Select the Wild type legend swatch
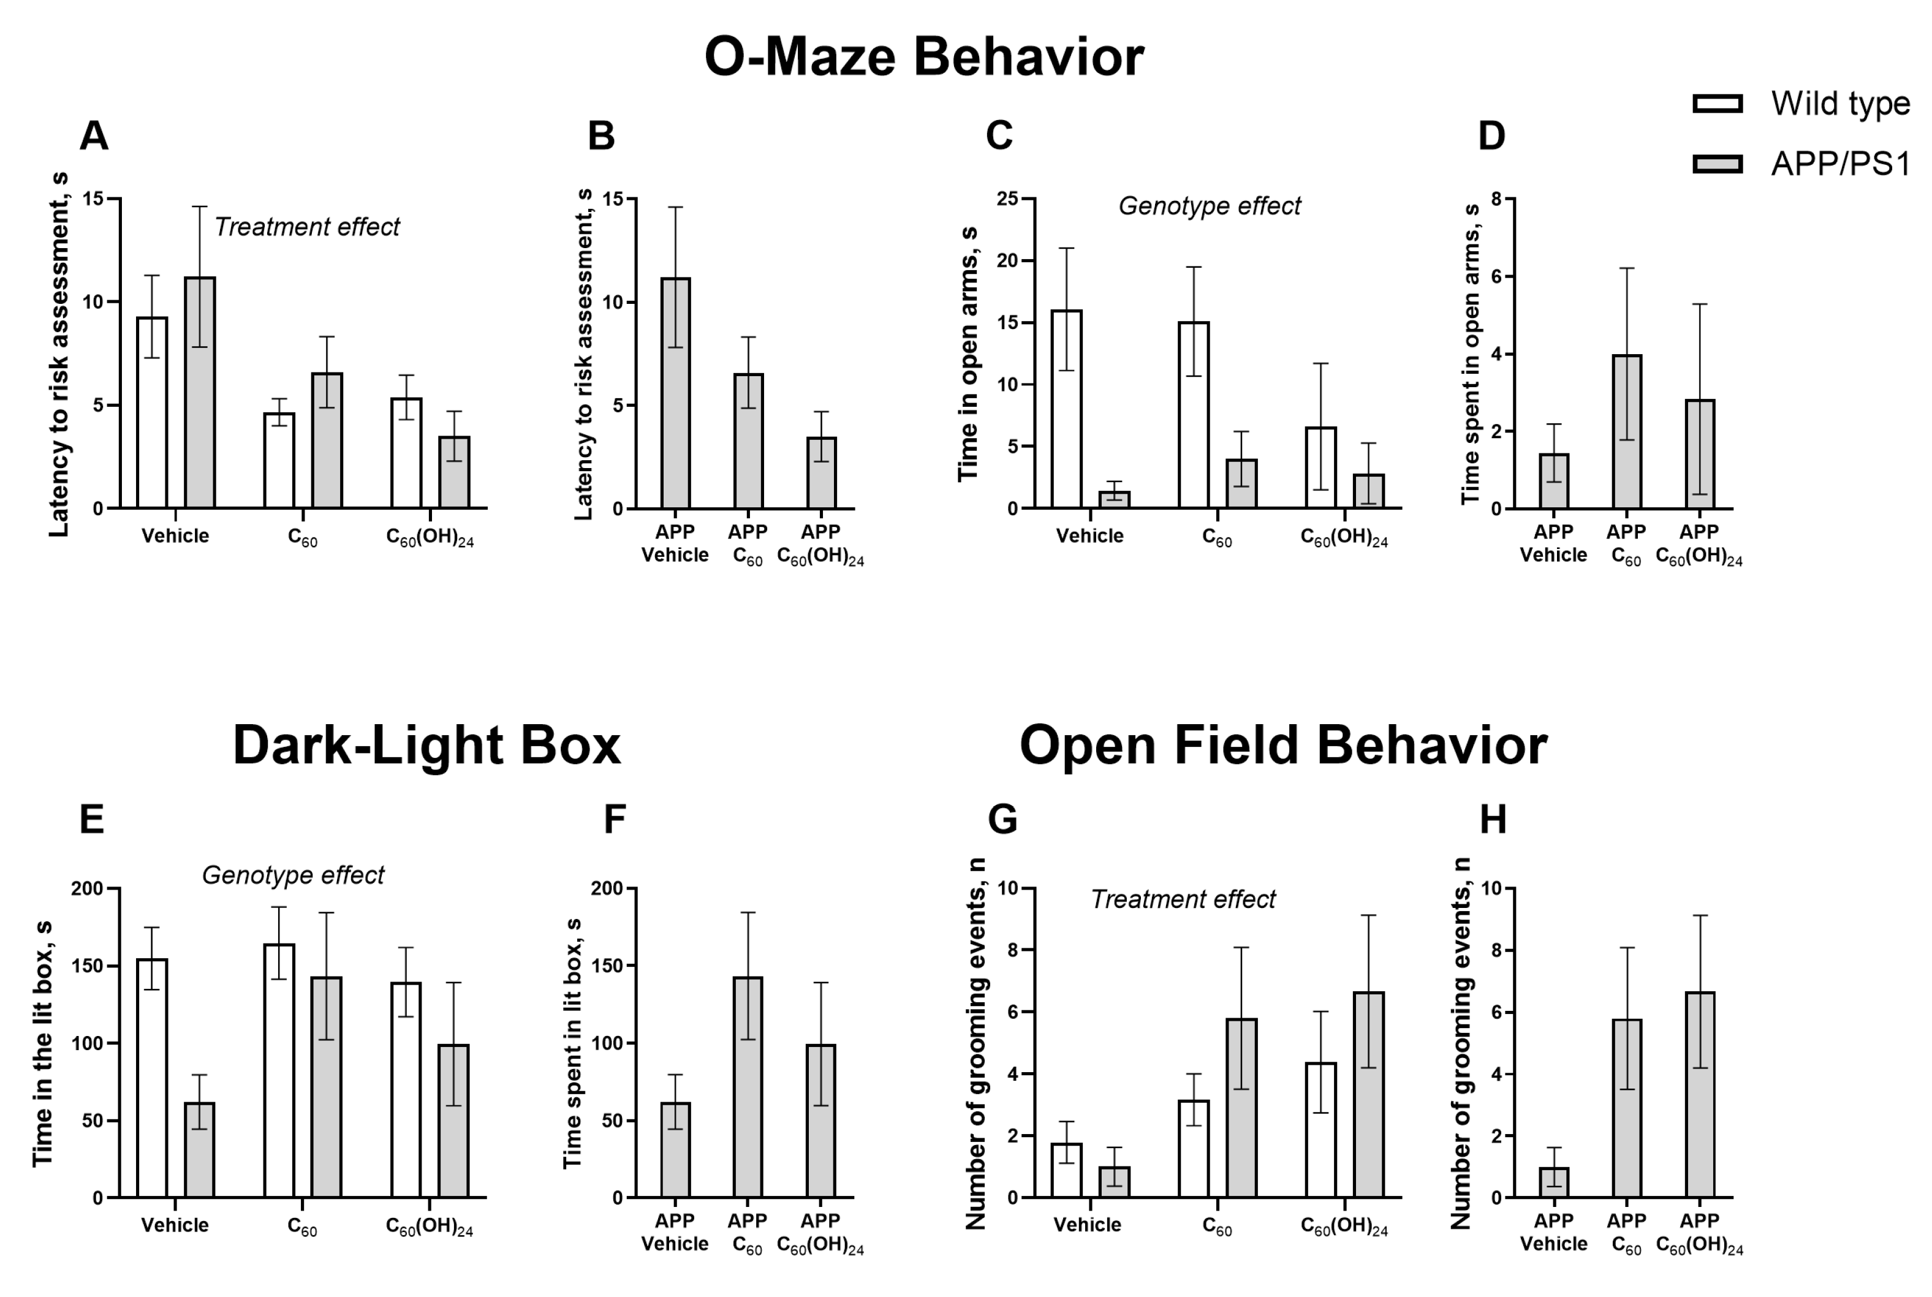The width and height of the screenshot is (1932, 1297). [x=1718, y=104]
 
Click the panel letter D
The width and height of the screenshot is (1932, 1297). [x=1491, y=135]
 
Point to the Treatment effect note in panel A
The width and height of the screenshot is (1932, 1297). [x=307, y=227]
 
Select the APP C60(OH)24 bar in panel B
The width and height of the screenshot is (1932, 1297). [x=821, y=472]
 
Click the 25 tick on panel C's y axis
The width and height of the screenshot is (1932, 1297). [x=1007, y=199]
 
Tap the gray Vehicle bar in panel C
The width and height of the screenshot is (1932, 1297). [x=1114, y=499]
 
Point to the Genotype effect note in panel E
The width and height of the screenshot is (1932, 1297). [x=293, y=875]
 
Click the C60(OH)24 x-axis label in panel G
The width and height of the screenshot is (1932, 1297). [x=1344, y=1226]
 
